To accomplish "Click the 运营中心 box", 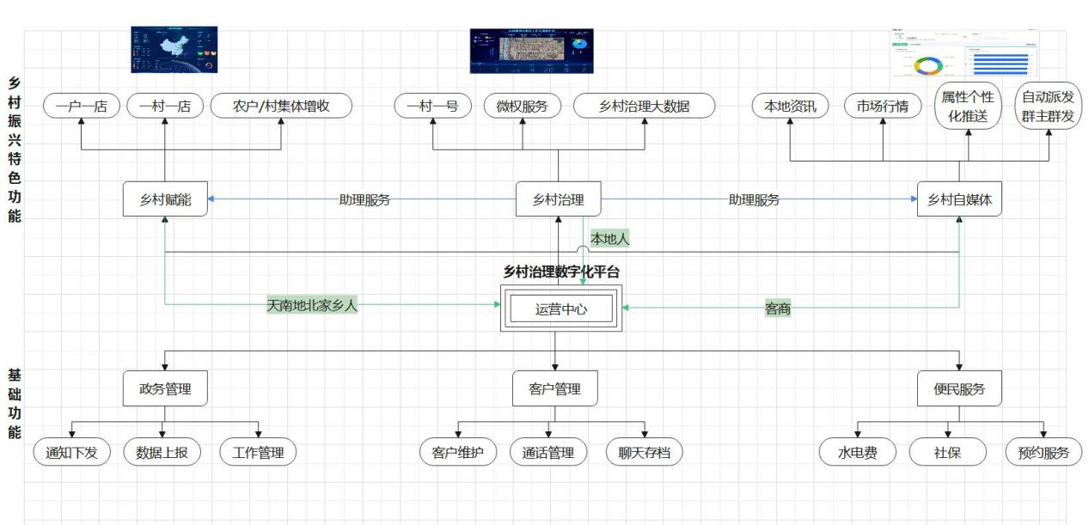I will [x=560, y=308].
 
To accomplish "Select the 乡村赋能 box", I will [x=165, y=199].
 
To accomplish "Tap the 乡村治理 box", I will [x=558, y=199].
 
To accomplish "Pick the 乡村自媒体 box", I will [x=959, y=199].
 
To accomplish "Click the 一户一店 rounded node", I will [x=81, y=107].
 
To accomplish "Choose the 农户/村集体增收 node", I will [x=281, y=107].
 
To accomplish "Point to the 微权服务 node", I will [x=522, y=107].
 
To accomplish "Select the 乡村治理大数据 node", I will [x=645, y=107].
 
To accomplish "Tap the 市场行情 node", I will [x=883, y=107].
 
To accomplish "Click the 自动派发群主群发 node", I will [x=1048, y=107].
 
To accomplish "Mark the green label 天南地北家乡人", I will [x=311, y=305].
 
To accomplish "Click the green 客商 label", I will [x=777, y=308].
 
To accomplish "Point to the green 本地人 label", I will [x=609, y=239].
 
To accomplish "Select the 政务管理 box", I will [x=165, y=388].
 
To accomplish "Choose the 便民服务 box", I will [x=959, y=388].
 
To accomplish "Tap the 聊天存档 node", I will [x=644, y=452].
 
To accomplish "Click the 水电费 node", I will [x=857, y=452].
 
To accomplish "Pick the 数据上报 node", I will [x=162, y=452].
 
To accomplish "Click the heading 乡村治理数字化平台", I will [x=560, y=272].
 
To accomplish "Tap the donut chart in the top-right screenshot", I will [x=928, y=65].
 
